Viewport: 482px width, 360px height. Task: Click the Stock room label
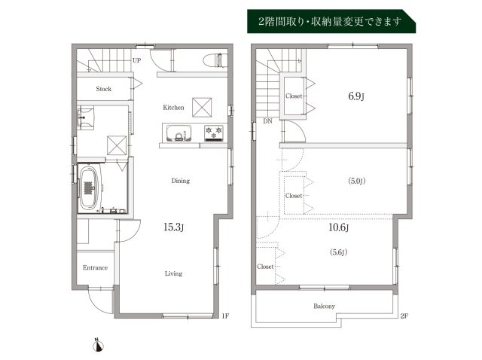(104, 90)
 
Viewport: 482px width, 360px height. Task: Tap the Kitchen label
(174, 108)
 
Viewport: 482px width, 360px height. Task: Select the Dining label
(180, 181)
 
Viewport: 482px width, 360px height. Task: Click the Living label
(173, 273)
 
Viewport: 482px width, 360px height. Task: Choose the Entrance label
(95, 268)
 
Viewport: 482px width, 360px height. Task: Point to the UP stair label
(137, 60)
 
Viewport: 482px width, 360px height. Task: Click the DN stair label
(267, 121)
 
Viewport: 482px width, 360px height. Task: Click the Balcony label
(325, 306)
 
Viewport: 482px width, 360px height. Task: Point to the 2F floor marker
(404, 316)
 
